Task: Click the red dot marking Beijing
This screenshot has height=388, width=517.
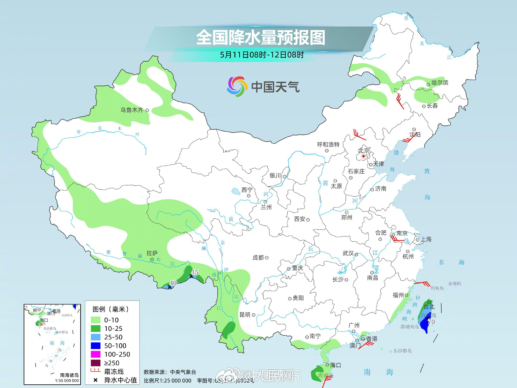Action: point(363,156)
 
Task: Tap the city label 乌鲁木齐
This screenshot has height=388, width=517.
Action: point(132,110)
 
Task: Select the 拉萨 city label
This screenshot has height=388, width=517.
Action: point(152,253)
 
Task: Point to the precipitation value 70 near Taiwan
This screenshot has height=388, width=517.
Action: point(431,322)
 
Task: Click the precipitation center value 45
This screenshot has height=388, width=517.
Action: point(195,272)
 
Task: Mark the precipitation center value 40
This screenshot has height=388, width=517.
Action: point(173,283)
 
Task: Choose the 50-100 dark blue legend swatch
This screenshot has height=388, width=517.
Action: point(95,346)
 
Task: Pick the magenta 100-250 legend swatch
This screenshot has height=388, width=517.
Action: point(95,354)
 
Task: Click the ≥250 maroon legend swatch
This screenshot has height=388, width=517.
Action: point(95,363)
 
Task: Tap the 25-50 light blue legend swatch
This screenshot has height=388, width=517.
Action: point(95,337)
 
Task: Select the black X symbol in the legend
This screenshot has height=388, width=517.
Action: point(95,380)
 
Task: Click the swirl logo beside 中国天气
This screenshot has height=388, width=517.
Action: point(236,86)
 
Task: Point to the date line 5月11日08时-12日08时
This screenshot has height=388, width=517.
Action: point(262,55)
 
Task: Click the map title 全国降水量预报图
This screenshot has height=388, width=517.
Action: point(261,38)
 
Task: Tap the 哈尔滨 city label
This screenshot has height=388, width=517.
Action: point(440,83)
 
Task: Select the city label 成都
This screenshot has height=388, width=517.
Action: point(258,258)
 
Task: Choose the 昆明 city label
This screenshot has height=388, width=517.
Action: point(245,315)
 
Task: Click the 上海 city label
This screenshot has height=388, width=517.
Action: point(426,239)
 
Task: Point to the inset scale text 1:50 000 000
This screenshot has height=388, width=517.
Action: point(67,380)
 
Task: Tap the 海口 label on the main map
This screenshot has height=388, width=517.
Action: point(336,365)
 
